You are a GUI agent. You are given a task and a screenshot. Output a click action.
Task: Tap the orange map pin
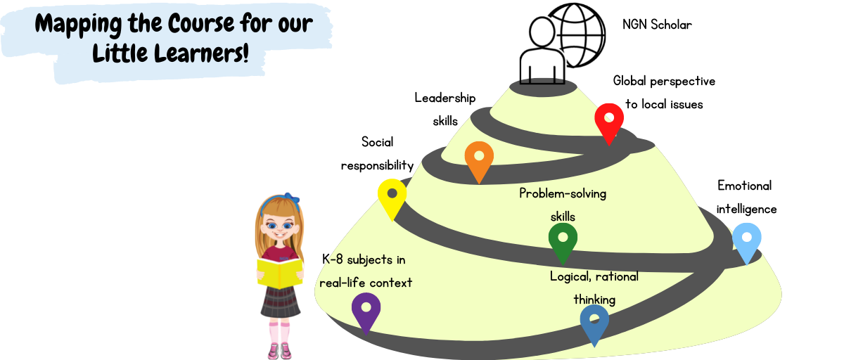point(479,158)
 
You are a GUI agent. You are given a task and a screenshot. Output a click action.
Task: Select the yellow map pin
point(392,196)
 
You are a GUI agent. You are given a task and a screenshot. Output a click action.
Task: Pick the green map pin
point(563,240)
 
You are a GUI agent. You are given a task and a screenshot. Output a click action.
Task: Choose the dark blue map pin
point(594,321)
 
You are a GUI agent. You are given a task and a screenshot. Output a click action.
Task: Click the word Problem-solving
point(563,193)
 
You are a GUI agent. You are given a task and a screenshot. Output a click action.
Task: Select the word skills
point(563,217)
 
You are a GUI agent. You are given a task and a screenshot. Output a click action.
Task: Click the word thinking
point(594,300)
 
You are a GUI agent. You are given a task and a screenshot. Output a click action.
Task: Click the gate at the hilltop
point(543,81)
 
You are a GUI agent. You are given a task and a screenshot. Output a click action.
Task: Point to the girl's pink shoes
point(279,350)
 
